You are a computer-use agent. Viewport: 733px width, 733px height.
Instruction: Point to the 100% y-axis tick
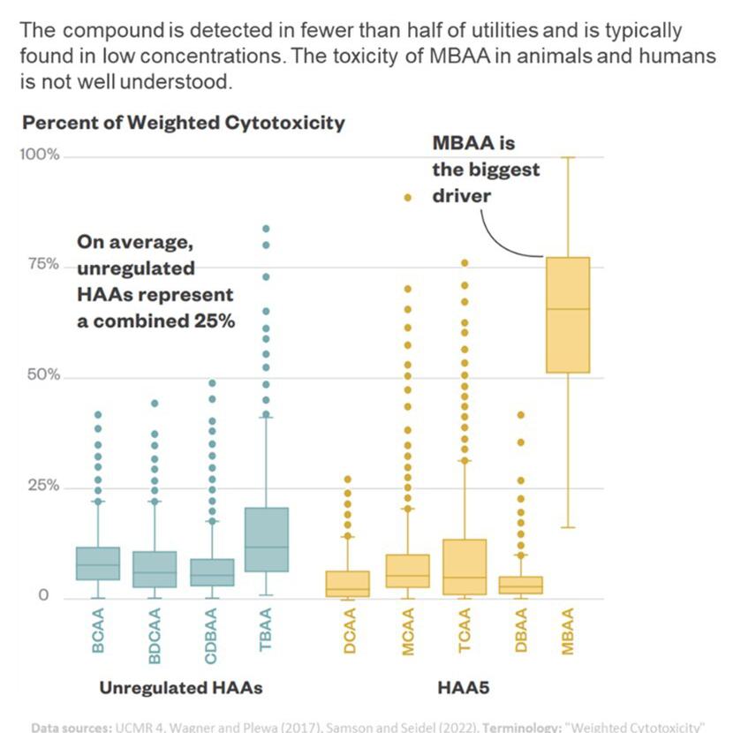coord(40,155)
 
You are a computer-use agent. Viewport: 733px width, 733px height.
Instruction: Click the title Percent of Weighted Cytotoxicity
coord(183,123)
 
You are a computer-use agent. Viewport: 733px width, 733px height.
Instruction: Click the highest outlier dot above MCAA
coord(408,198)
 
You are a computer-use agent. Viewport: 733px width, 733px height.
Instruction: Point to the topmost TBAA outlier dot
coord(266,229)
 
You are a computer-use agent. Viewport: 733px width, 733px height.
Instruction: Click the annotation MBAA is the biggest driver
coord(485,169)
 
